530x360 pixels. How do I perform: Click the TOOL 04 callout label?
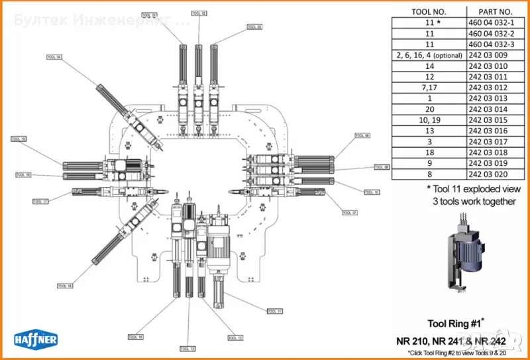tap(55, 56)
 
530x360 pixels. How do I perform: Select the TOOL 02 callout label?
tap(199, 13)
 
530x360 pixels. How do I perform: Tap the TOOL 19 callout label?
tap(19, 139)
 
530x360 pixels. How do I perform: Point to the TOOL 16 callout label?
tap(65, 286)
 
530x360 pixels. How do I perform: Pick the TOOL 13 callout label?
tap(188, 348)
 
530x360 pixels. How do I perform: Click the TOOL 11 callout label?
tap(274, 310)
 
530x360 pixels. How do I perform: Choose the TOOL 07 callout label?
tap(349, 213)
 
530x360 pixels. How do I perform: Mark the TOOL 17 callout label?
tap(40, 201)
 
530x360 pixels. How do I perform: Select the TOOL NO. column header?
tap(429, 11)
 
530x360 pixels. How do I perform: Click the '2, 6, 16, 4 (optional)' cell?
tap(429, 54)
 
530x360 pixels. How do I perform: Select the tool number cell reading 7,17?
tap(429, 87)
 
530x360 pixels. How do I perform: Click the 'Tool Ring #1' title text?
tap(454, 324)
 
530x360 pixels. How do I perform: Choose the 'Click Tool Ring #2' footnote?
tap(457, 352)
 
